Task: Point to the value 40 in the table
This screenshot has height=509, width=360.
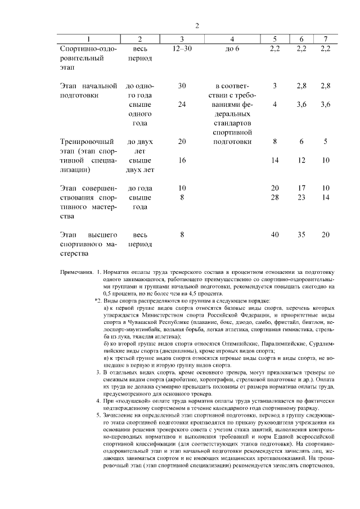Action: (x=274, y=235)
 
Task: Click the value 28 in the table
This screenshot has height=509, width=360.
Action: (x=274, y=197)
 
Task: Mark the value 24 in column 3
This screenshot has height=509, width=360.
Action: (x=182, y=105)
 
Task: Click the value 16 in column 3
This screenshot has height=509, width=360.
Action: (x=182, y=160)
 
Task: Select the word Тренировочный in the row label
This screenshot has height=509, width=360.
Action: (x=84, y=142)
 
